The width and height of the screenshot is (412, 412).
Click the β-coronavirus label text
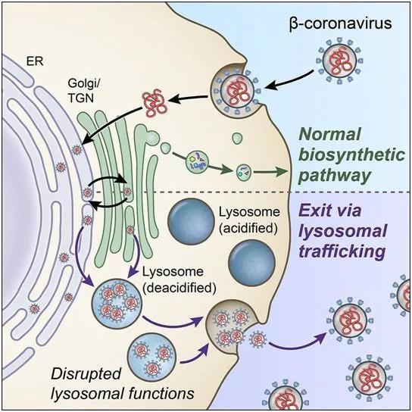point(341,23)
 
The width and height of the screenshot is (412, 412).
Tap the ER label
point(35,61)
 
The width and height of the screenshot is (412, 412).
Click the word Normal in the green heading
point(329,134)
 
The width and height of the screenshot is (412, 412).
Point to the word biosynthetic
point(352,154)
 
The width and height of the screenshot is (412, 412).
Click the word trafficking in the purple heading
point(342,251)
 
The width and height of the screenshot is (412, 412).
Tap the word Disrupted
point(86,373)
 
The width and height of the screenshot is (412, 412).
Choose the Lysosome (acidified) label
point(249,220)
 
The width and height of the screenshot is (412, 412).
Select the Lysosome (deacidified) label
point(179,279)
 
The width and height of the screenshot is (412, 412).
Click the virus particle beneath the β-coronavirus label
point(339,61)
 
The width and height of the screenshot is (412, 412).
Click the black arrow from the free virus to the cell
point(289,80)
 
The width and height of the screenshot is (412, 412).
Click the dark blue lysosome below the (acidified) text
point(251,264)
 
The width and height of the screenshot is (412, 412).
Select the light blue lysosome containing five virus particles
point(117,303)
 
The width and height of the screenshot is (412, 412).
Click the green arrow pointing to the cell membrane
point(270,172)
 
